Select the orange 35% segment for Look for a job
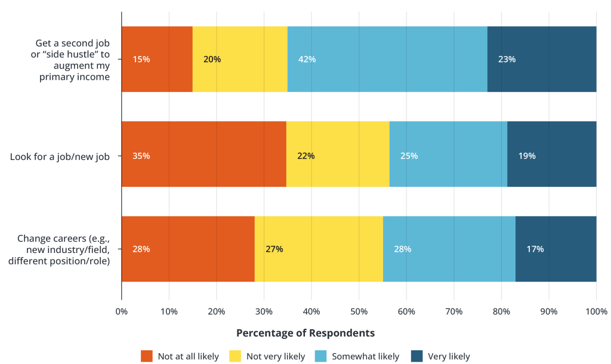tap(203, 154)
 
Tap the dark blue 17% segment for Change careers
tap(556, 249)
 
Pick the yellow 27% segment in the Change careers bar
tap(319, 249)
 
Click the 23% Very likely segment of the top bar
tap(541, 59)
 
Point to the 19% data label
tap(527, 156)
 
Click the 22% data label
tap(305, 156)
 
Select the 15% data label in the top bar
tap(141, 59)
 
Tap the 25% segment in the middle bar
tap(448, 154)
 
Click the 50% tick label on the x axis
tap(359, 311)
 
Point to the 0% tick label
tap(122, 311)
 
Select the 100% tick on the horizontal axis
tap(595, 311)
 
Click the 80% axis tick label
tap(501, 311)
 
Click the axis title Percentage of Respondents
tap(305, 333)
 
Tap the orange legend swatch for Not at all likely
tap(147, 356)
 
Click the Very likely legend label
tap(449, 356)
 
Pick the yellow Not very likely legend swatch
tap(234, 356)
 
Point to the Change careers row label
tap(59, 249)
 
